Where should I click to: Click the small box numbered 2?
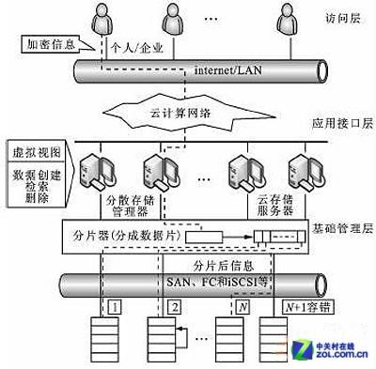coord(174,307)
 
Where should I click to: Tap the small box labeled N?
coord(243,306)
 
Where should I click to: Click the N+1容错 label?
coord(292,306)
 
